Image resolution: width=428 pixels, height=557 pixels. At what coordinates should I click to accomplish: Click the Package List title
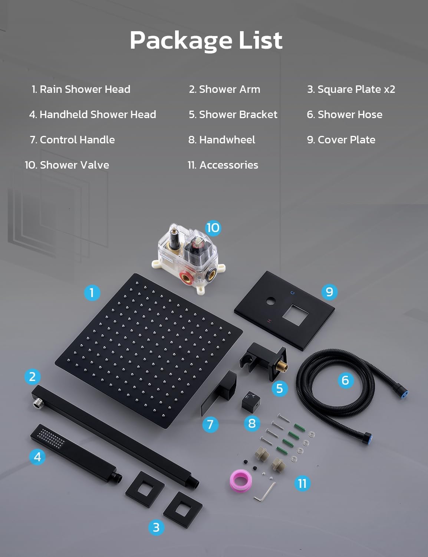coord(206,40)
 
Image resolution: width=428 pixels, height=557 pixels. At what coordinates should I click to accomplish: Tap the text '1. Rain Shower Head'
coord(81,89)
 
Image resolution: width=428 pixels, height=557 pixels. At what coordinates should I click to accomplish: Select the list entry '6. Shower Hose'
coord(345,115)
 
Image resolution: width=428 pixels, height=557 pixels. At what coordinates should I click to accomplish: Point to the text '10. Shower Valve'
coord(67,165)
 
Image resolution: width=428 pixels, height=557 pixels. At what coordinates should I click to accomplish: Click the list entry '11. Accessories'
coord(223,165)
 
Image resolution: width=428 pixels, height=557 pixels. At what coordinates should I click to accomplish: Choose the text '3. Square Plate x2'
coord(351,89)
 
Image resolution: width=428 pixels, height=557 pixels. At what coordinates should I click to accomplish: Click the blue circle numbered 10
coord(213,228)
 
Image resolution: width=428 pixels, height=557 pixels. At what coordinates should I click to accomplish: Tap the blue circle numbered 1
coord(92,293)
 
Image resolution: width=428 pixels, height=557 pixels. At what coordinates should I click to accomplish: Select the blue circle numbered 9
coord(329,292)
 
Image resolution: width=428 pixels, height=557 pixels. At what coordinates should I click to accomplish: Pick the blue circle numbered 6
coord(345,380)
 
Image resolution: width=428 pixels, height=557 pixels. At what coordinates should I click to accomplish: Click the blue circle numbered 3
coord(156,527)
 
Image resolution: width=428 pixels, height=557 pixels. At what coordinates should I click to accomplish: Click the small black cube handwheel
coord(251,403)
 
